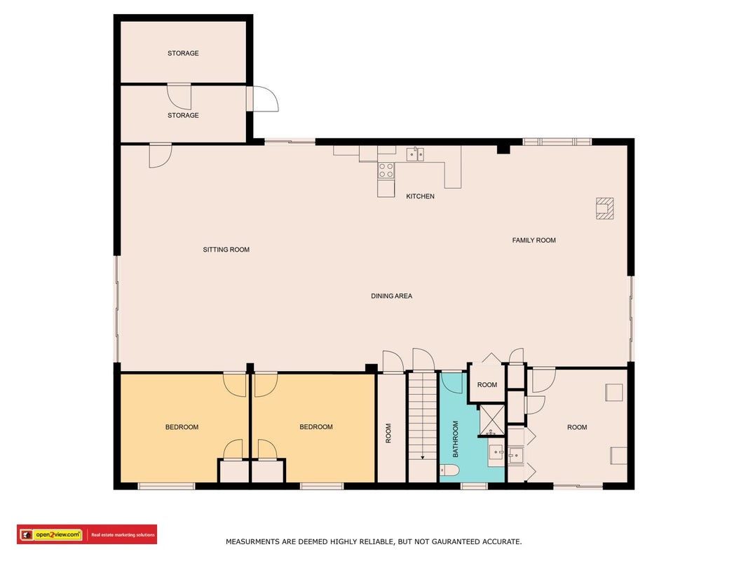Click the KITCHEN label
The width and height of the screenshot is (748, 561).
[x=420, y=196]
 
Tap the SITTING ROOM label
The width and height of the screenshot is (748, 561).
[x=226, y=250]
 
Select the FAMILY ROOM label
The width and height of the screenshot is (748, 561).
[x=533, y=241]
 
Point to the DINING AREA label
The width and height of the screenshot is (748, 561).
[x=392, y=296]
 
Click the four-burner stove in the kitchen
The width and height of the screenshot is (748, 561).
[x=386, y=170]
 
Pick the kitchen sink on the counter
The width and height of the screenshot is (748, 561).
[x=415, y=154]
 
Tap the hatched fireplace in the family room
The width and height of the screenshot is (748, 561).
[x=604, y=208]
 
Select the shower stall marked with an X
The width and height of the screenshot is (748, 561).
[x=492, y=420]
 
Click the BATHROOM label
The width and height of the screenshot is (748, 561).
[x=455, y=439]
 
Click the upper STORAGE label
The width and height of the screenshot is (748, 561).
[x=183, y=53]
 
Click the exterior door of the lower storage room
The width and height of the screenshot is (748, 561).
[x=262, y=99]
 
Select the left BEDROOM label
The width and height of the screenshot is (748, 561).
[x=182, y=427]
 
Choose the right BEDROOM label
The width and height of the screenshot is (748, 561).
[x=316, y=427]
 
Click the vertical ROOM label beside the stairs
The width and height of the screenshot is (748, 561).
[x=388, y=433]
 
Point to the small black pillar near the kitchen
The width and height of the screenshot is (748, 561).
[x=503, y=149]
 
